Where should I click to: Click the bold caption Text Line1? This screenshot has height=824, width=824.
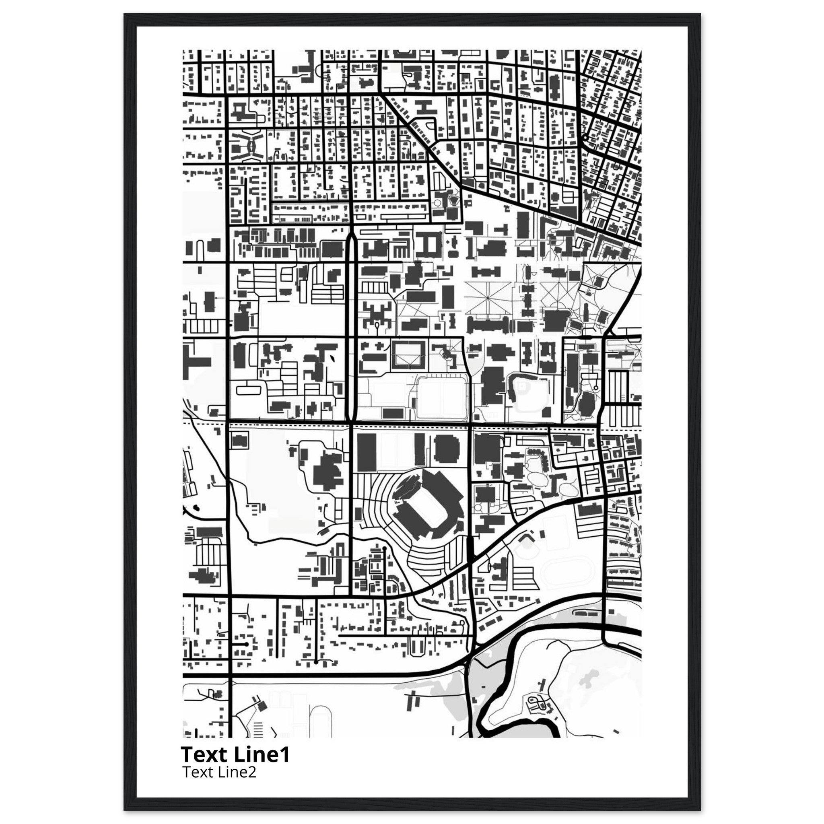[235, 754]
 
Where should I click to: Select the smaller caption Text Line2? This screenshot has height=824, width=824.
[219, 772]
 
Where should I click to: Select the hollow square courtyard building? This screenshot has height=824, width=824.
[409, 354]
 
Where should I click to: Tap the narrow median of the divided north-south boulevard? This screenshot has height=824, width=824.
[351, 324]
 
